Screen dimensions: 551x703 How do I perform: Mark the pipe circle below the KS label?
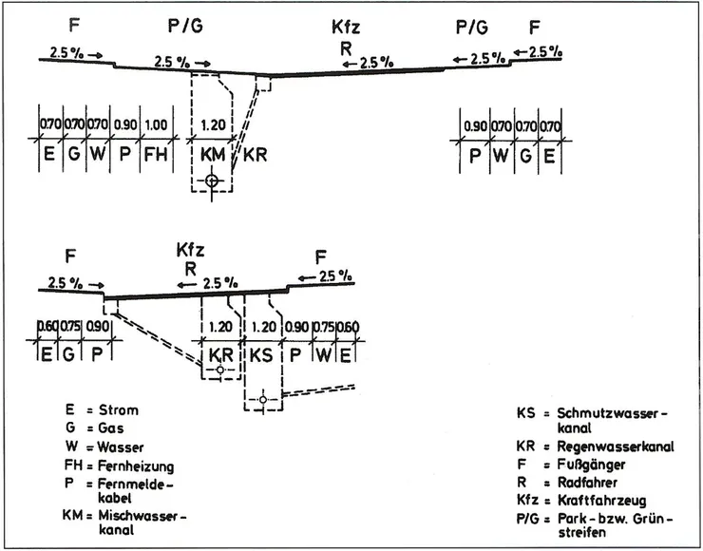tap(259, 400)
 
